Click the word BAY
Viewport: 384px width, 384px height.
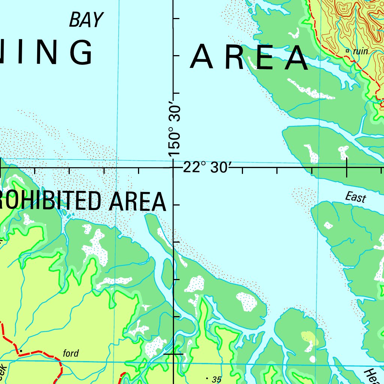(x=85, y=20)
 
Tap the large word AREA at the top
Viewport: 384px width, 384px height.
(x=249, y=57)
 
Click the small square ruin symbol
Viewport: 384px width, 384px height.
(x=347, y=51)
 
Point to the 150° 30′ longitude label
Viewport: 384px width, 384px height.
(x=175, y=128)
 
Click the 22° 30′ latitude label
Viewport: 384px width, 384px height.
(x=206, y=168)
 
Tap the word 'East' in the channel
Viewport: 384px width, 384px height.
(x=355, y=197)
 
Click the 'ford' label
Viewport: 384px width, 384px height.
(x=71, y=353)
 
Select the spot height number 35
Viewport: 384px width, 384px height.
(x=216, y=379)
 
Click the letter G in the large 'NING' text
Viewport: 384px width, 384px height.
(x=80, y=52)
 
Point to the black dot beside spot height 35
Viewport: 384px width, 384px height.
(x=207, y=378)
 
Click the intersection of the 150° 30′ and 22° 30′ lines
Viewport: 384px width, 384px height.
(x=173, y=168)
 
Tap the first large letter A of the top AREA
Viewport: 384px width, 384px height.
(x=202, y=57)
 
